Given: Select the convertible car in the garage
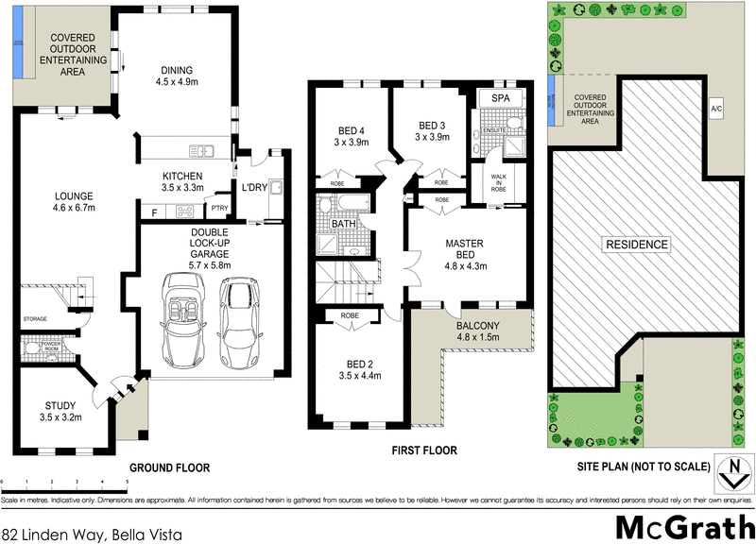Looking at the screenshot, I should click(182, 320).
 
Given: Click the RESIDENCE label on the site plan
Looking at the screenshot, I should click(637, 245).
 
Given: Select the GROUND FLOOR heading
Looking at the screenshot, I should click(169, 467).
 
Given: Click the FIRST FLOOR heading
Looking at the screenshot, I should click(424, 451).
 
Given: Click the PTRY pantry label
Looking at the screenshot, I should click(219, 208).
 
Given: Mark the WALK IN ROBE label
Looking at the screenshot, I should click(498, 183).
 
